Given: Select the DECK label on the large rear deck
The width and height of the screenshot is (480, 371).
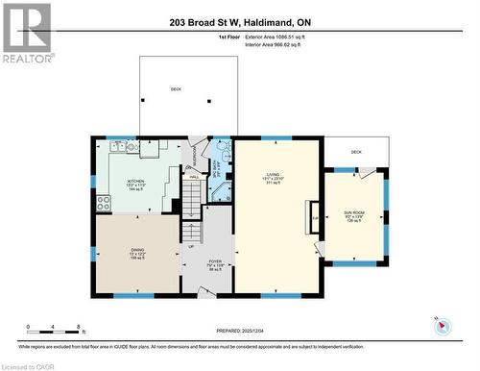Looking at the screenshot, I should coord(176,89).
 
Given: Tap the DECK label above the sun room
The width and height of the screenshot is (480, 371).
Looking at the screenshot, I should coord(355,152).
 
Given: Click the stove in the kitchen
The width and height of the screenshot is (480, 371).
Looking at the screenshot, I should coord(102,203).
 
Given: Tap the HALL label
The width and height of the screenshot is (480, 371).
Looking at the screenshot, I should coord(193,177).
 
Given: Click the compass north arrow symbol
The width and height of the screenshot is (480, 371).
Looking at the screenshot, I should coord(442,326).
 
